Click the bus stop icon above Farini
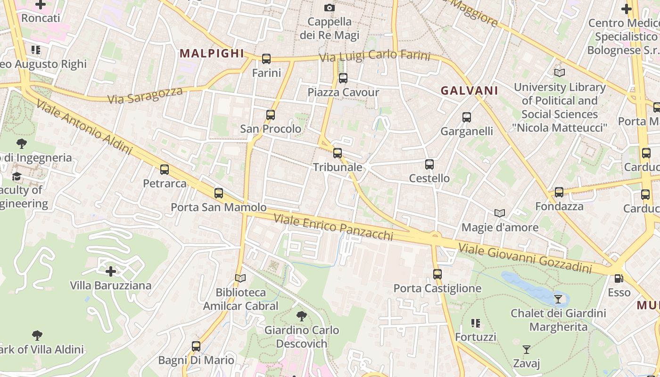[x=266, y=59]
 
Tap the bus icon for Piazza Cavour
[x=343, y=78]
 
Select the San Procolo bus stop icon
[x=270, y=115]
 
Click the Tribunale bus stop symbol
[x=338, y=153]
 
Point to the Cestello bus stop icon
[x=429, y=164]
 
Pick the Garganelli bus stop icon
[x=467, y=117]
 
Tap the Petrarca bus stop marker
[x=165, y=170]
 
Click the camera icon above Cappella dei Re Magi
[x=330, y=8]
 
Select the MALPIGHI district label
[x=212, y=54]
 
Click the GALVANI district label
[x=469, y=91]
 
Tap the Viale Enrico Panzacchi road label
[x=333, y=227]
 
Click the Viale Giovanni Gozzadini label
[x=525, y=258]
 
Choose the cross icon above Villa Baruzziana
[x=111, y=271]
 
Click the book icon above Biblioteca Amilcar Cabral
[x=240, y=279]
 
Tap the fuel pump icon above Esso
[x=619, y=279]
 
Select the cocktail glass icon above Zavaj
[x=527, y=350]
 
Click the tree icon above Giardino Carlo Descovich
[x=302, y=316]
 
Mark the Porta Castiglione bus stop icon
[x=437, y=274]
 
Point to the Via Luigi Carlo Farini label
[x=375, y=56]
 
